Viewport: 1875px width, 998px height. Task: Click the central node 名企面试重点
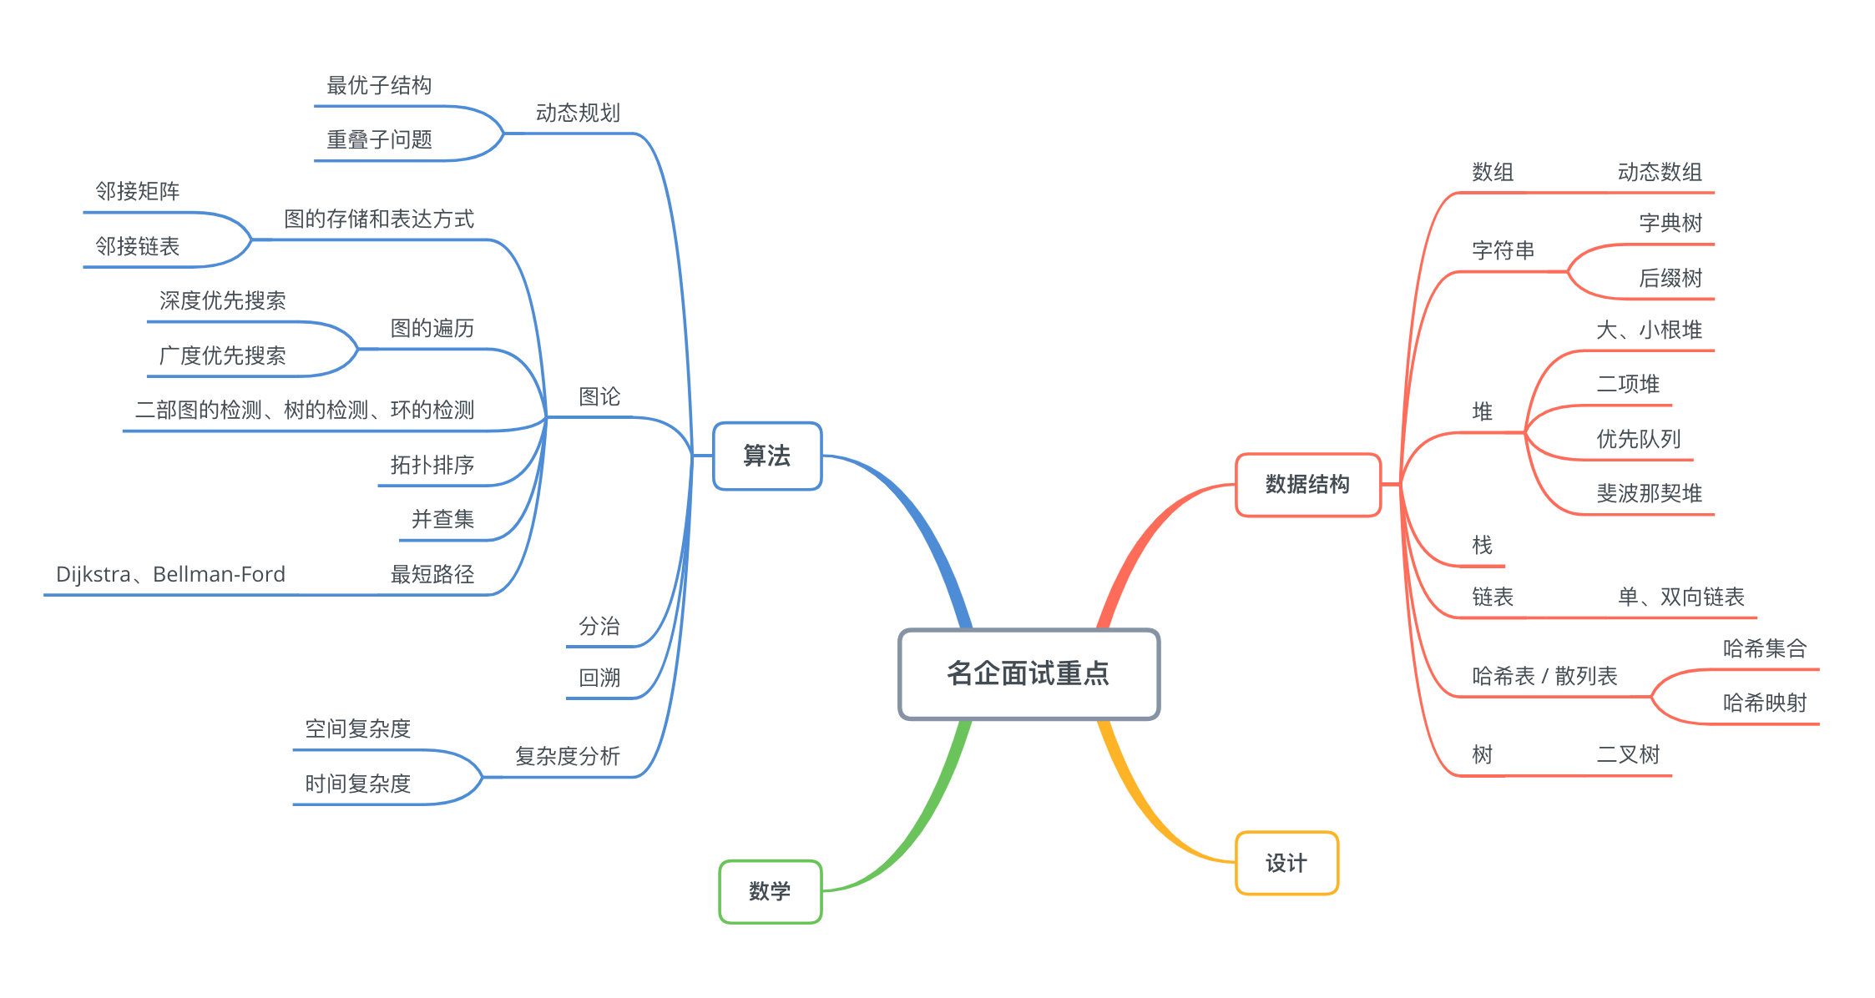click(x=1028, y=673)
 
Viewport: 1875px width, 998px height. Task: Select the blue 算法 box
click(x=767, y=456)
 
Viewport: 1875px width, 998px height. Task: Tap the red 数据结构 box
click(x=1307, y=485)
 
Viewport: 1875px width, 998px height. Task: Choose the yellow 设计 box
click(x=1286, y=863)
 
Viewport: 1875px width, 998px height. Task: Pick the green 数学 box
click(x=770, y=891)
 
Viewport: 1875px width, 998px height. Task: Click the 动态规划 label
click(x=578, y=113)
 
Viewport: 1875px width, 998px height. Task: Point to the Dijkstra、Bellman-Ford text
click(x=170, y=574)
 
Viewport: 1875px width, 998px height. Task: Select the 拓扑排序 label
click(x=432, y=465)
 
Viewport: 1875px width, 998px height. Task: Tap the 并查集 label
click(x=442, y=519)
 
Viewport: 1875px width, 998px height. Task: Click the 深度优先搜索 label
click(x=222, y=300)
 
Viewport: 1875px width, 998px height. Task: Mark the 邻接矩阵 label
click(x=138, y=191)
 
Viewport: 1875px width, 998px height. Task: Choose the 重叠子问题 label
click(x=379, y=139)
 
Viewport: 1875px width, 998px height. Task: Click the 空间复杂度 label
click(x=357, y=728)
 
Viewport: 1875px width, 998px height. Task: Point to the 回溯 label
click(x=599, y=678)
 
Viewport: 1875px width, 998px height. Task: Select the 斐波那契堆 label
click(x=1649, y=493)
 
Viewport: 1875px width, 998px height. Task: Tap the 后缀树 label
click(x=1670, y=278)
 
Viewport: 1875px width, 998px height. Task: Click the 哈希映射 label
click(x=1765, y=703)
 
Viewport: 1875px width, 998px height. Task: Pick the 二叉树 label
click(x=1628, y=754)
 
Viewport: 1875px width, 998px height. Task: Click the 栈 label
click(x=1482, y=545)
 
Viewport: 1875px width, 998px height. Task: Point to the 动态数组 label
click(x=1660, y=172)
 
